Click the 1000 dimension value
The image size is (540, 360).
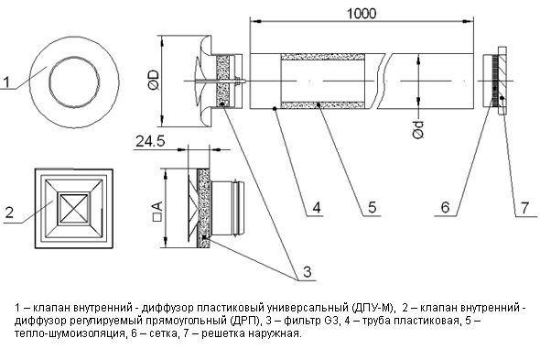pos(362,14)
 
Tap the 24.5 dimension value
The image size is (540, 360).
pos(150,141)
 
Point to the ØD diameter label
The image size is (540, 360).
pos(154,81)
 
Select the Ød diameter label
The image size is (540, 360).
pos(418,130)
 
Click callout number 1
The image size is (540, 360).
pos(6,82)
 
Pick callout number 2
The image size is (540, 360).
pos(9,213)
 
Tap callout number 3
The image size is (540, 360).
pos(308,271)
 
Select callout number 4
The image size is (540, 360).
pos(317,207)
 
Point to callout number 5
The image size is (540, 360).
pos(372,207)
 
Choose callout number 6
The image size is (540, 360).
pos(446,207)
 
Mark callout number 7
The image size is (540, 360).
pos(524,208)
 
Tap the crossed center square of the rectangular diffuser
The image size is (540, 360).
pos(74,209)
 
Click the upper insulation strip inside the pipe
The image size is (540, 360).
pos(323,57)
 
